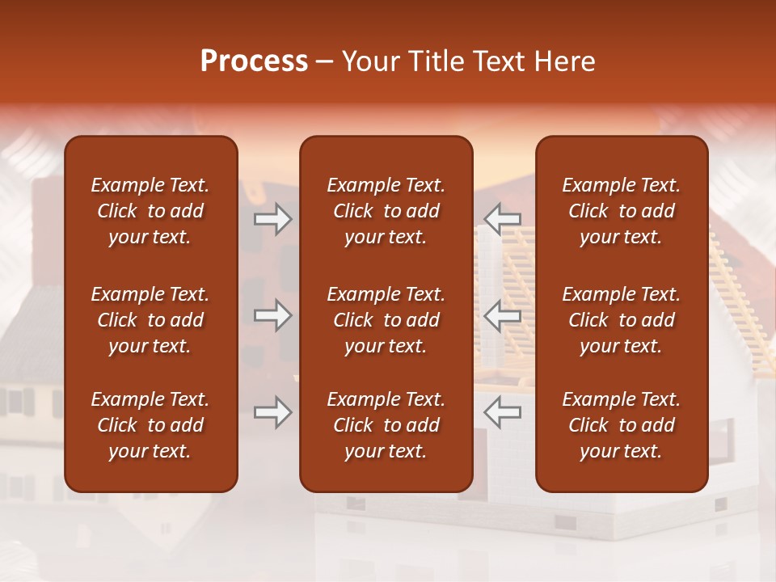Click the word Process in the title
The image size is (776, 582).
click(x=254, y=61)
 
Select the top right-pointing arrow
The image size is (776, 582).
click(x=272, y=219)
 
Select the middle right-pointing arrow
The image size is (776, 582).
click(x=272, y=315)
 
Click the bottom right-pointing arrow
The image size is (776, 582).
click(x=272, y=412)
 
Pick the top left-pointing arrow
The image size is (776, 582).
click(x=503, y=219)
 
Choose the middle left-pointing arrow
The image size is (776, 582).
click(x=503, y=315)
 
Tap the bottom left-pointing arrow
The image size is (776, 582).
click(x=503, y=412)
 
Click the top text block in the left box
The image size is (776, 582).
click(x=150, y=211)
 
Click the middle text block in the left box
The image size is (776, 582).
click(x=150, y=320)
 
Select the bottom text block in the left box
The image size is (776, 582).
click(x=150, y=425)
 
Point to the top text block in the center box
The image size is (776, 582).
click(x=386, y=211)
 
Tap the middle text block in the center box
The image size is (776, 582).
click(x=386, y=320)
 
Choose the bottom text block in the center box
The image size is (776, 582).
click(x=386, y=425)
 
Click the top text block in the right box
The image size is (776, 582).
click(x=621, y=211)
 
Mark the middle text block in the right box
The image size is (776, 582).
click(x=621, y=320)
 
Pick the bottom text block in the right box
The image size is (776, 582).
click(x=621, y=425)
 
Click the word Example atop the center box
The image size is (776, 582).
click(x=356, y=186)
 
